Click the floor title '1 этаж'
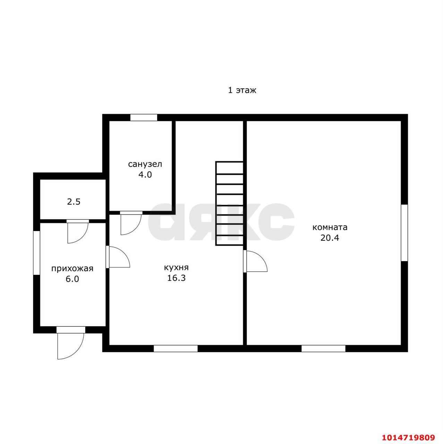point(242,90)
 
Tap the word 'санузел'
point(145,164)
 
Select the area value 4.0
point(145,174)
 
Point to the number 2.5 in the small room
point(74,202)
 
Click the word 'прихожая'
point(72,269)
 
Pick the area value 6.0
point(72,279)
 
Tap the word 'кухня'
point(176,267)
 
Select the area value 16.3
point(176,278)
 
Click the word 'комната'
point(330,228)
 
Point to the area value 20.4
point(330,238)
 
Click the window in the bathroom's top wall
point(144,118)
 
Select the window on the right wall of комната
point(404,233)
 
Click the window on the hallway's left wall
point(37,253)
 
